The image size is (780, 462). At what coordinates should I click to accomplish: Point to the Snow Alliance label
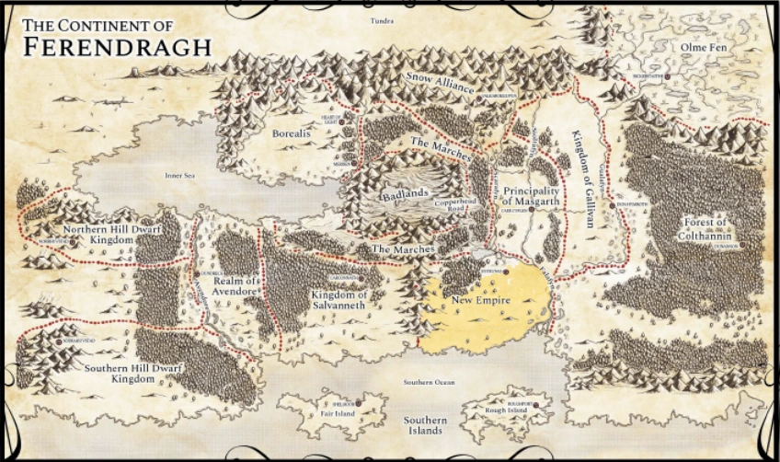[x=440, y=87]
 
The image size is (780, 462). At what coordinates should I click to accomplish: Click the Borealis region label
[x=292, y=133]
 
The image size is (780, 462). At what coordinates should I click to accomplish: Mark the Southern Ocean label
[x=429, y=382]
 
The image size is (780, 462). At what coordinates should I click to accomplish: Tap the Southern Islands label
[x=427, y=424]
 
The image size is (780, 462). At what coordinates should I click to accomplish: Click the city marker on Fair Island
[x=359, y=403]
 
